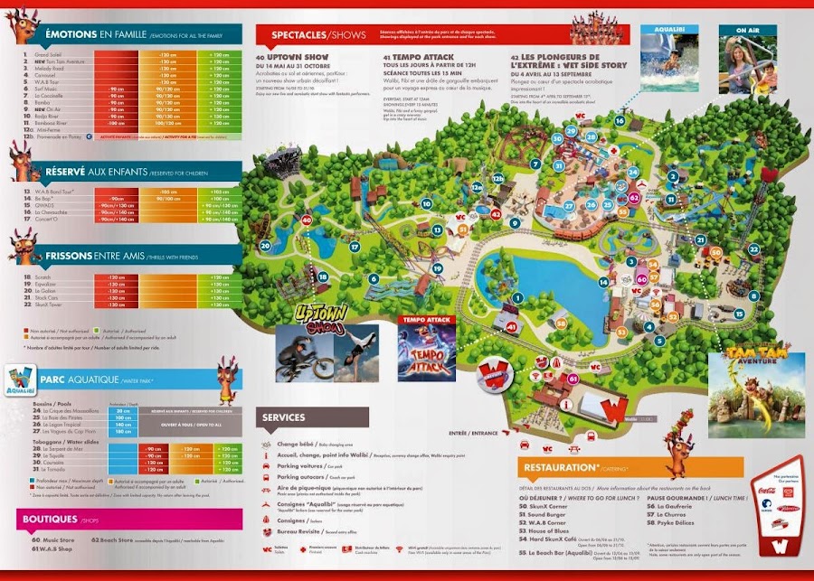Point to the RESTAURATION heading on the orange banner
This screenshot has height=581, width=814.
point(558,467)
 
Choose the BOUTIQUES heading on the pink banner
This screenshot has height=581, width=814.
point(51,520)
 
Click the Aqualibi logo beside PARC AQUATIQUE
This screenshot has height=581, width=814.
point(24,380)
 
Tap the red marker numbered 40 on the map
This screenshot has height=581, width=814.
point(307,220)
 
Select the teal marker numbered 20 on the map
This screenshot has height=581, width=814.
point(265,245)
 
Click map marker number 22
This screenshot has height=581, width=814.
point(752,248)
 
